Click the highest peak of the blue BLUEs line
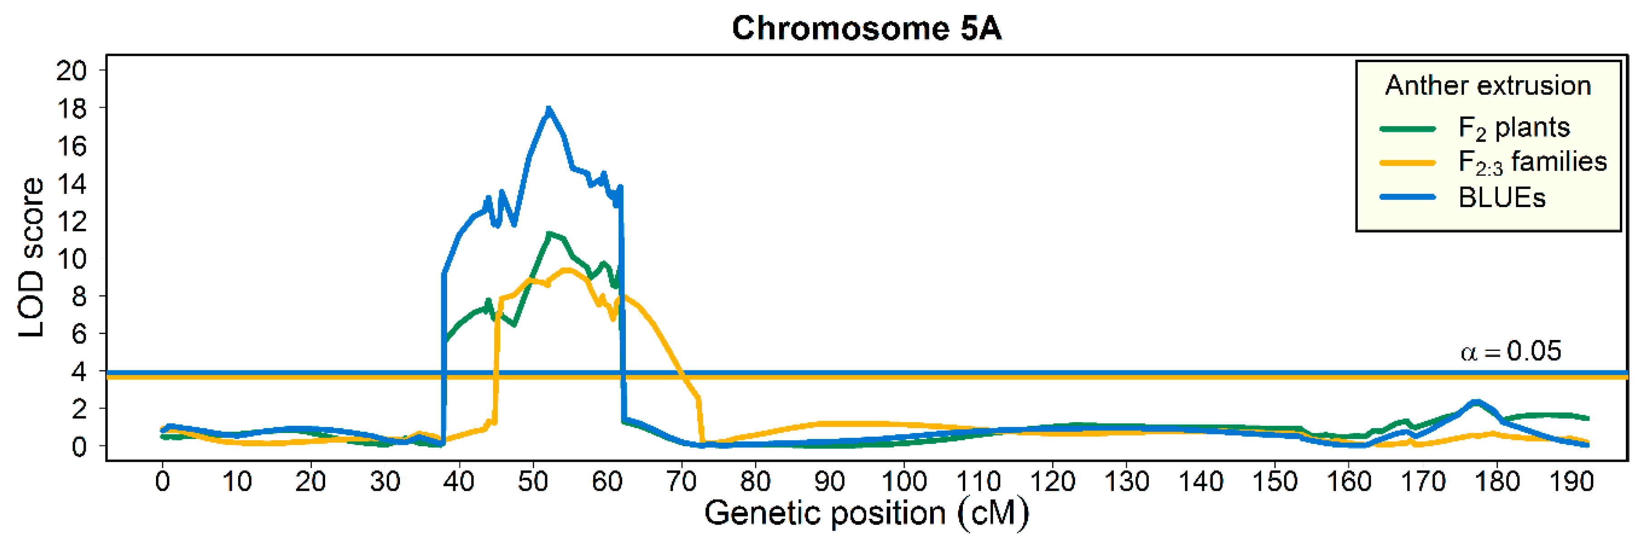(548, 109)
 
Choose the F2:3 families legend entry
(1531, 163)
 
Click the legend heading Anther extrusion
(1487, 86)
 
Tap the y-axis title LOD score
(31, 257)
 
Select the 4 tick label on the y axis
(79, 371)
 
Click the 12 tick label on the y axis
(72, 222)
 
